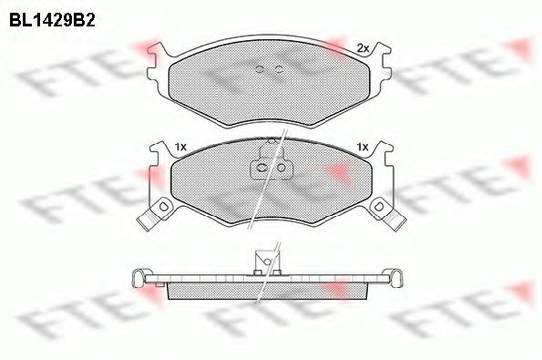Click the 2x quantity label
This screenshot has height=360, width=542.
coord(362,48)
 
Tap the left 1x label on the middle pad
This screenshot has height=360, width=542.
coord(179,147)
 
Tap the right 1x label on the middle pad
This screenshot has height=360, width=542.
coord(363,147)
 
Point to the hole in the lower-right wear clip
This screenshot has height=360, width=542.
coord(375,209)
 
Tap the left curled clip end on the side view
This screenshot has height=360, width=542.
coord(138,277)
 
